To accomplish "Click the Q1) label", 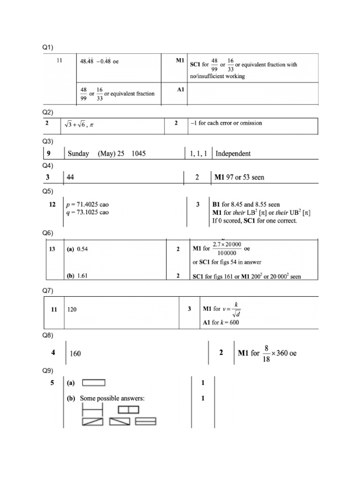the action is point(48,47).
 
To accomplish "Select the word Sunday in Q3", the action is point(78,153).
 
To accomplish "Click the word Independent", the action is point(233,153).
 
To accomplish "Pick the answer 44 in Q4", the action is point(71,178).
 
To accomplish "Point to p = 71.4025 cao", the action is point(88,205).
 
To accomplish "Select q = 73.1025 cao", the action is point(88,212).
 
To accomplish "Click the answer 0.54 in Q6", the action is point(82,249).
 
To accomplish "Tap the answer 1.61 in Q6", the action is point(82,276).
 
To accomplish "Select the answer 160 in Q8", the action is point(75,353).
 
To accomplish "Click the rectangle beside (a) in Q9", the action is point(94,382).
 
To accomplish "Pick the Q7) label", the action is point(48,291).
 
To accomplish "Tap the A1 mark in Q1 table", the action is point(180,89).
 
